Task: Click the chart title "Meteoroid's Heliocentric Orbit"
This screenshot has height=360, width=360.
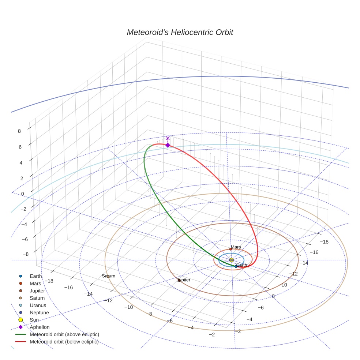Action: tap(180, 32)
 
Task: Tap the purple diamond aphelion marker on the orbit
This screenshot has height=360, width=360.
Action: tap(168, 145)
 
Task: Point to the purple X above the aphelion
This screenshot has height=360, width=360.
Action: tap(168, 138)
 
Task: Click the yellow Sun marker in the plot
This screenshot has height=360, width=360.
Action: tap(231, 260)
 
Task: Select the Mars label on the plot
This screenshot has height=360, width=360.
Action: tap(236, 247)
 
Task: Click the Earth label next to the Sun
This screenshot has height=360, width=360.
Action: tap(241, 265)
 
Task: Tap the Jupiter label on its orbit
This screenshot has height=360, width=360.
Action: tap(184, 280)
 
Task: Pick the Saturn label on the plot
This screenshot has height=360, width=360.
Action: tap(108, 276)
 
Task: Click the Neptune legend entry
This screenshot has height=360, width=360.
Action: tap(39, 312)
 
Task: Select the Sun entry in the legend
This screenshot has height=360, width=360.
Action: tap(34, 320)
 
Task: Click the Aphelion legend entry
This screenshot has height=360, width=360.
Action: tap(40, 327)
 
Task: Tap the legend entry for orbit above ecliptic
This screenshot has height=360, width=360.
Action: tap(64, 334)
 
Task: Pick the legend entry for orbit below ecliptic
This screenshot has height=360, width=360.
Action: tap(64, 342)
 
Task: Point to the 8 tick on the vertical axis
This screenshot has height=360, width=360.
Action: tap(19, 131)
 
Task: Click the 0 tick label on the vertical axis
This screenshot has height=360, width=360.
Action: tap(23, 194)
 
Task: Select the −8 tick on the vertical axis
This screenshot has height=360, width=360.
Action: tap(25, 254)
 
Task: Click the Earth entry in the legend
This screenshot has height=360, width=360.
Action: tap(36, 276)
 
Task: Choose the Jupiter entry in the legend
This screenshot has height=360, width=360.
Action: tap(37, 291)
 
